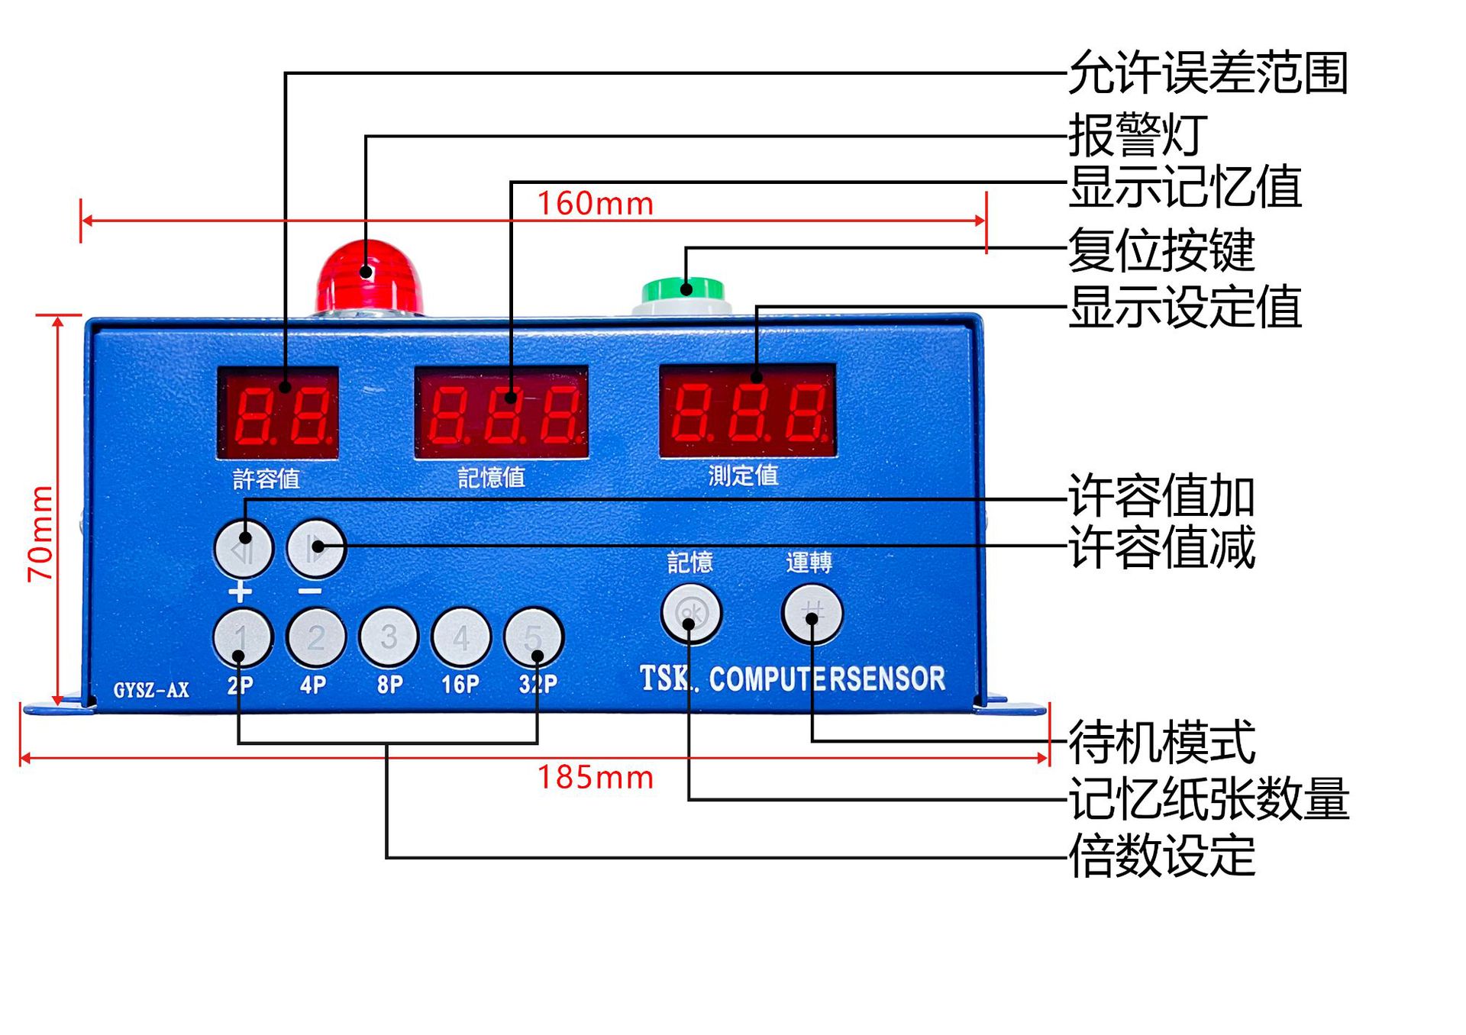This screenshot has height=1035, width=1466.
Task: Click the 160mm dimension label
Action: (596, 204)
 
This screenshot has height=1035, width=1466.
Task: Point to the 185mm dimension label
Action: (596, 778)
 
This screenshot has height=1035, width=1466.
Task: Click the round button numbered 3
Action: (389, 637)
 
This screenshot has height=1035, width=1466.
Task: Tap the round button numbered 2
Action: (315, 637)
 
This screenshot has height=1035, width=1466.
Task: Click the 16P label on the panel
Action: (460, 685)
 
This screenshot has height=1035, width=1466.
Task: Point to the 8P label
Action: (389, 685)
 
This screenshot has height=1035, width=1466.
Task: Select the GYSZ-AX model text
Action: (151, 690)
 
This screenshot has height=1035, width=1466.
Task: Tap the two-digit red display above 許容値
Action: (279, 413)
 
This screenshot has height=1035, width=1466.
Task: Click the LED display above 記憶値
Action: (501, 413)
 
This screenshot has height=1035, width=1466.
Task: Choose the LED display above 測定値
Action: (748, 411)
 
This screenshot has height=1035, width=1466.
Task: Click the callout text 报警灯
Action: (1138, 135)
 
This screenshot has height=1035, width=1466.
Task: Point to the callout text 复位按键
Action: (1161, 250)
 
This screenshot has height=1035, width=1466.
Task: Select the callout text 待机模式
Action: (1161, 742)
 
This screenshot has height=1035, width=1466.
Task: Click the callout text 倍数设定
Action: (1161, 856)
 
